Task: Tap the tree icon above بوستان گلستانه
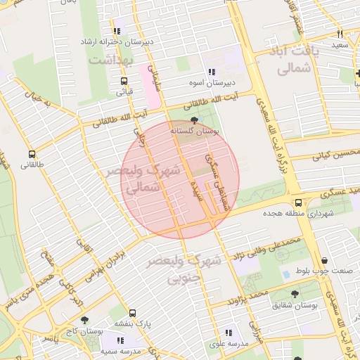tap(195, 121)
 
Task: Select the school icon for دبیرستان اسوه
tap(211, 72)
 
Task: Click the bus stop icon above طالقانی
tap(31, 155)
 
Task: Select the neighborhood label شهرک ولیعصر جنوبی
tap(184, 269)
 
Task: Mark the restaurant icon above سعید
tap(340, 34)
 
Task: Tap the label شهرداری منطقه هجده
tap(297, 213)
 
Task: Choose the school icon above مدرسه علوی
tap(228, 333)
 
